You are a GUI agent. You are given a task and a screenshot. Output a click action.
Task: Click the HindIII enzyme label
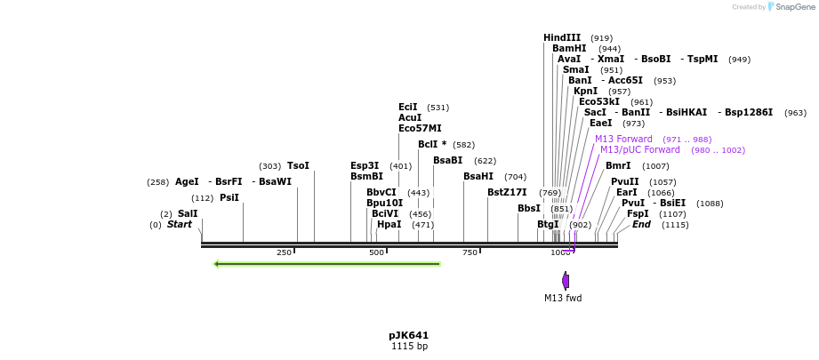pos(562,37)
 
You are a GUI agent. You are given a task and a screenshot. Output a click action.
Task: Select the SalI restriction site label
pos(188,213)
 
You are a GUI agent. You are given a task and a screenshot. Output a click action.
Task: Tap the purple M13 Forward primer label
pos(623,140)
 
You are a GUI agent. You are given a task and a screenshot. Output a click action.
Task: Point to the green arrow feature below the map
pos(327,263)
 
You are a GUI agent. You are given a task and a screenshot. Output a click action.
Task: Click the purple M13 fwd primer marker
pos(566,280)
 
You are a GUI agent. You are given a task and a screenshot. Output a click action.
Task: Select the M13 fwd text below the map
pos(563,298)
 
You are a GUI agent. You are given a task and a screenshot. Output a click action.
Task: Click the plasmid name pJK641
pos(409,335)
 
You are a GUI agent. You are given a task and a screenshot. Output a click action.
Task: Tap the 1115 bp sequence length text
pos(409,346)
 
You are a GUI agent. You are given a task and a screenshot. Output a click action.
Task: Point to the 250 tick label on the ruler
pos(284,253)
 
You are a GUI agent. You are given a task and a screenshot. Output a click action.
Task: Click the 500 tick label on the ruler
pos(376,253)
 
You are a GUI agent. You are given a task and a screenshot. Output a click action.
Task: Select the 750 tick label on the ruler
pos(469,253)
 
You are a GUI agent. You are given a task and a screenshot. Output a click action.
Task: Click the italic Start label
pos(179,225)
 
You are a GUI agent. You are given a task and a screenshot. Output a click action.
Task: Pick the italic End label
pos(641,225)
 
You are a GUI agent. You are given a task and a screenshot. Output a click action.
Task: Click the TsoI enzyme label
pos(298,166)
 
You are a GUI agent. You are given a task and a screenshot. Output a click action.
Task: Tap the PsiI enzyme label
pos(229,197)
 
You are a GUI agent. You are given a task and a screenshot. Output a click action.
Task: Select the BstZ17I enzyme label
pos(507,192)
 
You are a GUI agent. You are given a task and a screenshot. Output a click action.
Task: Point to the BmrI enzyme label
pos(618,166)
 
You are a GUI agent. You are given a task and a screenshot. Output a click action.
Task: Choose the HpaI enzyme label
pos(389,225)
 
